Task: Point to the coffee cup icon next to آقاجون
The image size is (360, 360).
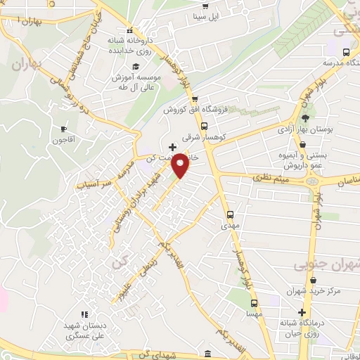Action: (64, 129)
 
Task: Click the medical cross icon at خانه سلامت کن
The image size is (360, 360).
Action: (173, 147)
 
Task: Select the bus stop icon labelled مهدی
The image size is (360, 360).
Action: (229, 214)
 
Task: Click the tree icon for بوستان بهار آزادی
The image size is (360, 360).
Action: (305, 117)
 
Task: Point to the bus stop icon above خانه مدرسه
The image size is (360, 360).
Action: (345, 52)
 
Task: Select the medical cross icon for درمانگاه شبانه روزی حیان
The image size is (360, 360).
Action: (302, 312)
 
